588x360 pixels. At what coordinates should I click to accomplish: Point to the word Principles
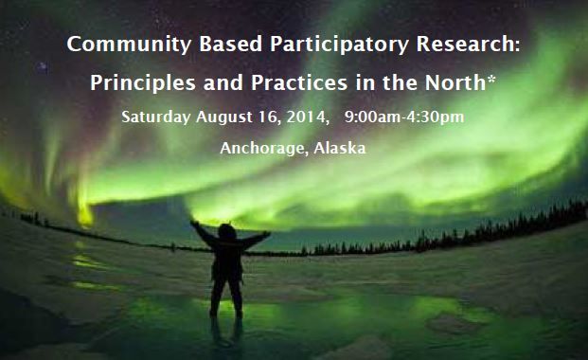point(138,82)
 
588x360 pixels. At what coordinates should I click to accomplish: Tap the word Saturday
point(157,117)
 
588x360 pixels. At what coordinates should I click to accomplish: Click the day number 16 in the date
point(267,117)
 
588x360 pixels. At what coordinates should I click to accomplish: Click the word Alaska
point(343,149)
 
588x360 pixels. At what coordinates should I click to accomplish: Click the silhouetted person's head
point(229,231)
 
